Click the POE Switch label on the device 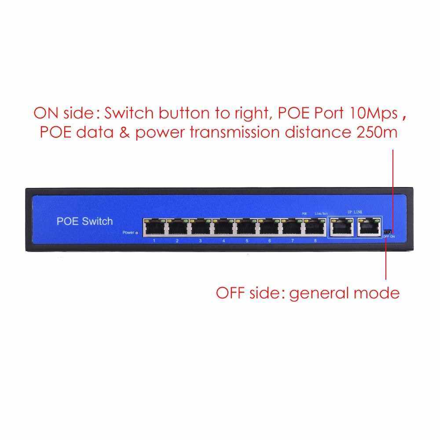(84, 221)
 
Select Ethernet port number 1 (154, 227)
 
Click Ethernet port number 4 (223, 227)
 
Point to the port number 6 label (269, 241)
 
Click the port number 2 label (177, 241)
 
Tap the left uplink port (341, 227)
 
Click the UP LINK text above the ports (355, 213)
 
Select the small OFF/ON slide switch (387, 231)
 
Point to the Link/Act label (321, 213)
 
